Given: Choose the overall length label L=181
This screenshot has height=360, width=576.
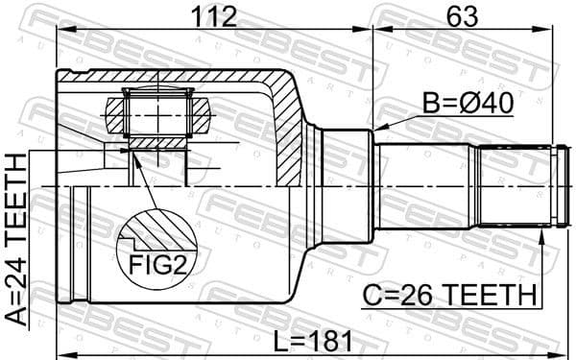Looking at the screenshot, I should [x=305, y=340].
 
